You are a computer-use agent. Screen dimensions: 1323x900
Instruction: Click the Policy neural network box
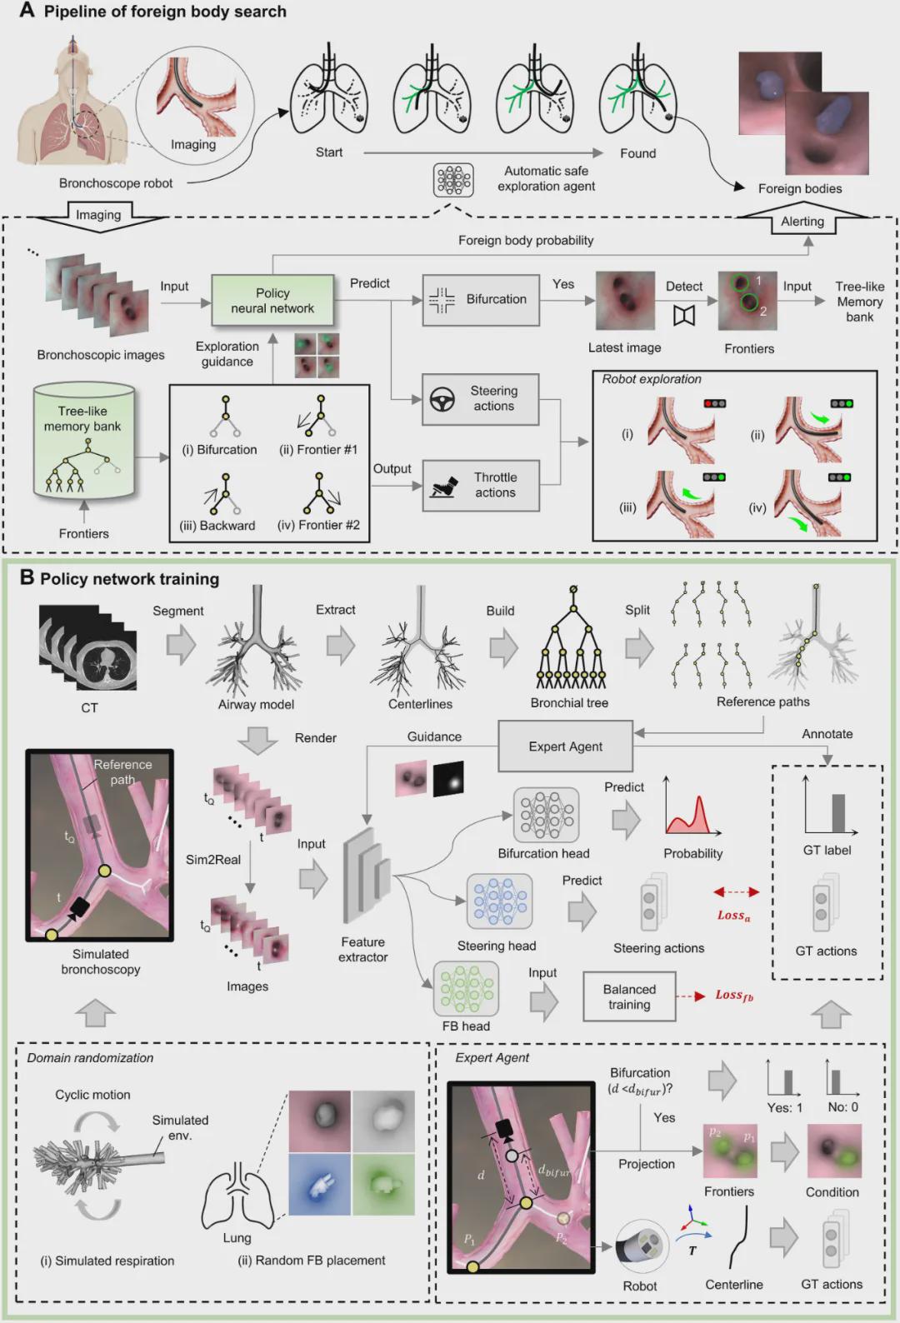click(272, 300)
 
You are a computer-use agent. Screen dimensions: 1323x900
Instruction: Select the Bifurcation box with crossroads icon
click(480, 299)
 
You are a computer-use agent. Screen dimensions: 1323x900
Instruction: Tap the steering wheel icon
click(442, 399)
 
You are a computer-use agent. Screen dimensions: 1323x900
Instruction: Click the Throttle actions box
click(480, 485)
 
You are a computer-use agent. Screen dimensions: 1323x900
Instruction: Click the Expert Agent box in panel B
click(565, 746)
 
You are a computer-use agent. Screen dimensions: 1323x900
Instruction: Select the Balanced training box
click(629, 996)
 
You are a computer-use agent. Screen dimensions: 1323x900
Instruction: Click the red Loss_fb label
click(733, 996)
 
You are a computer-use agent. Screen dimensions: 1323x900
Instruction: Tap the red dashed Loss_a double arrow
click(736, 892)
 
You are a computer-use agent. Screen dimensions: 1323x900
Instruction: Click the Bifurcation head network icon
click(545, 815)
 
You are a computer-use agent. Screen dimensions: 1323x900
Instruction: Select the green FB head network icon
click(466, 989)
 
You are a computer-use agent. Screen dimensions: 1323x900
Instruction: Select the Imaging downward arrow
click(98, 217)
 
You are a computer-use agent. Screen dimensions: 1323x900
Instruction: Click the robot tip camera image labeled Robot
click(642, 1246)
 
